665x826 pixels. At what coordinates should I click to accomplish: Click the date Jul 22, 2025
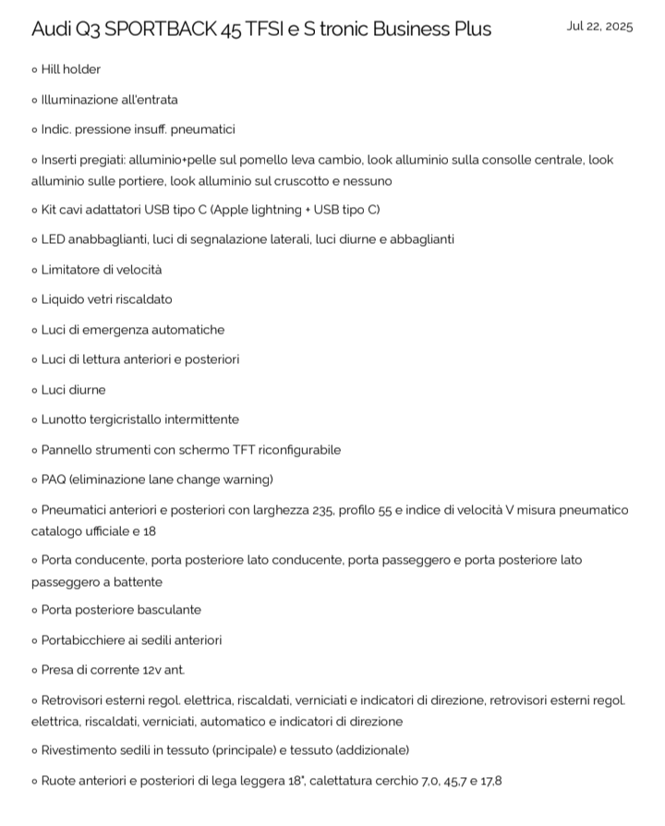click(599, 26)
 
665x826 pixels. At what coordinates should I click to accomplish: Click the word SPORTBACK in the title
click(160, 29)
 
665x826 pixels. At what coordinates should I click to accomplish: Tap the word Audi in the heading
click(52, 29)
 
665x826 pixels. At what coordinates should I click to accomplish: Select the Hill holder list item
click(70, 69)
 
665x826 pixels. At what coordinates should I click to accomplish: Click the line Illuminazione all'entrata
click(109, 99)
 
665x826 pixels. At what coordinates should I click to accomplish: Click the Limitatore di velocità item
click(101, 270)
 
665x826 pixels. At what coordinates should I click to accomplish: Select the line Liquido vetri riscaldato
click(106, 299)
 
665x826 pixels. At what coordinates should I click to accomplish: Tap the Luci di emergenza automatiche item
click(132, 330)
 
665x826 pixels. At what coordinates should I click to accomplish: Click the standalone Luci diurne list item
click(73, 390)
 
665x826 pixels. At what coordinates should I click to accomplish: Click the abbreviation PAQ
click(54, 480)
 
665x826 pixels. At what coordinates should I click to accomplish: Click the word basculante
click(169, 610)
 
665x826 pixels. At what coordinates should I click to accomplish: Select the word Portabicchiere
click(85, 639)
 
